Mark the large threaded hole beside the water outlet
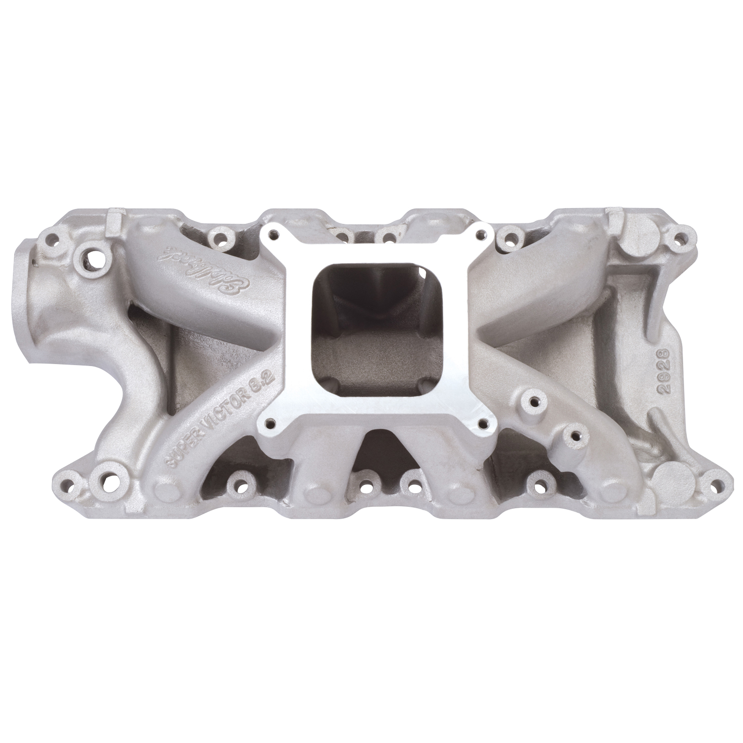(95, 257)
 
